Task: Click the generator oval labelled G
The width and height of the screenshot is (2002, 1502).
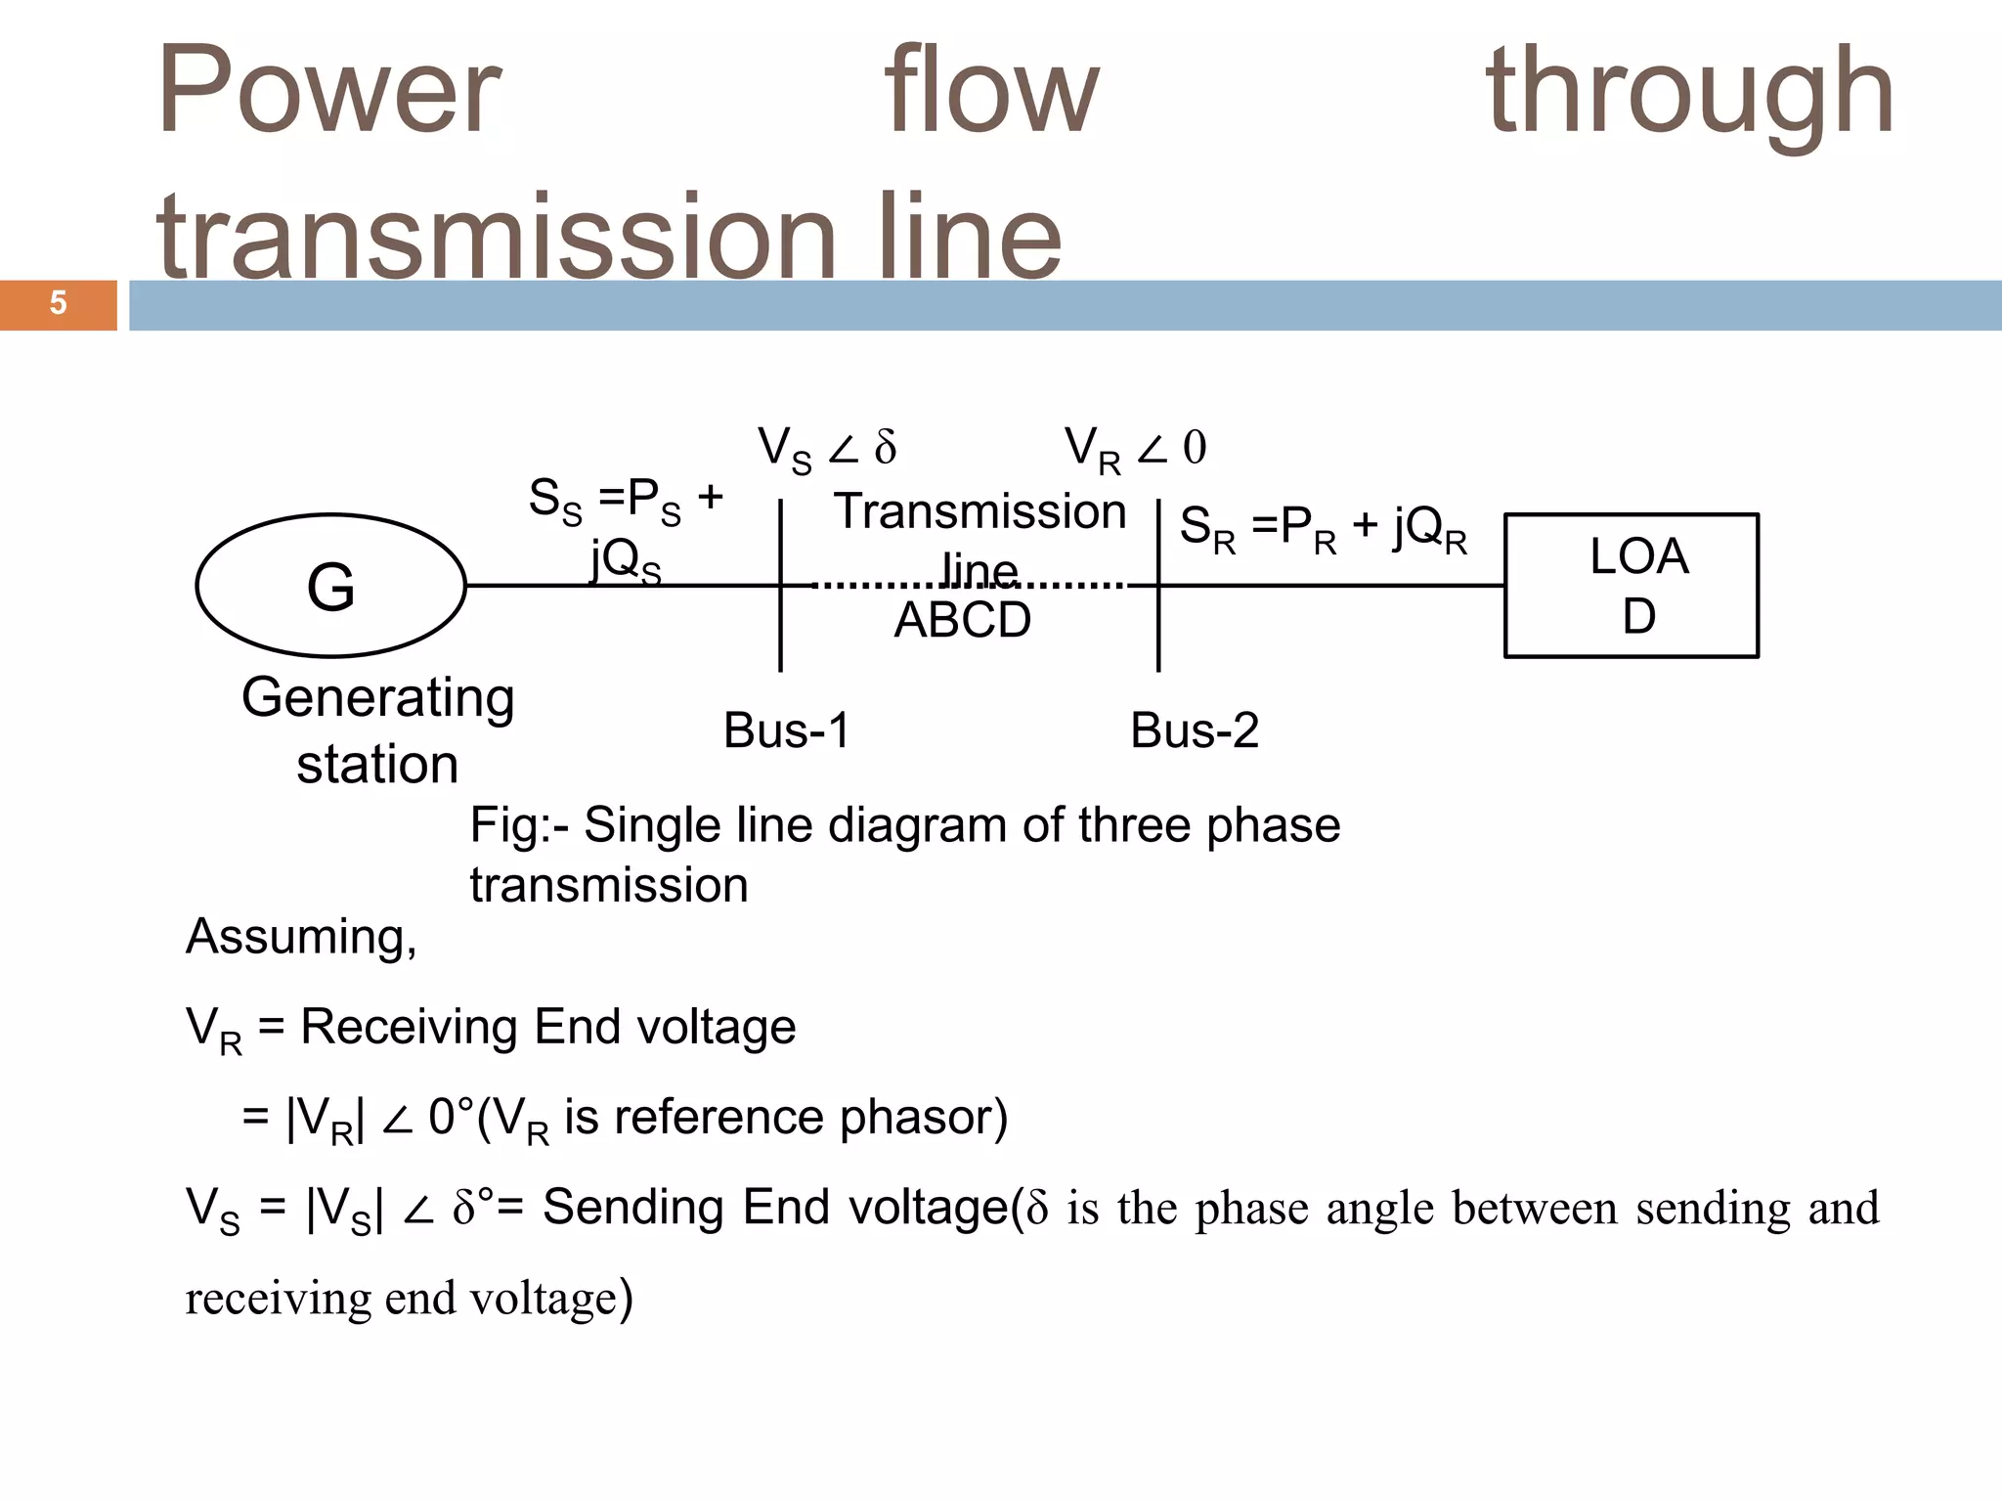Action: click(x=330, y=586)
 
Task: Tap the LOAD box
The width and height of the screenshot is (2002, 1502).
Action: click(x=1631, y=586)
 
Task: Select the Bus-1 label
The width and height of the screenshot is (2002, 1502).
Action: click(x=787, y=730)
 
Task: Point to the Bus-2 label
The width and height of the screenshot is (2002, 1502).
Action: click(x=1194, y=730)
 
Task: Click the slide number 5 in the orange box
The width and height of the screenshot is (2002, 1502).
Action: click(x=58, y=304)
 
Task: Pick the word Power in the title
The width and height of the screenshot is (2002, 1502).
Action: click(x=328, y=91)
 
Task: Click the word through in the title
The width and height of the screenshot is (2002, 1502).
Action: click(x=1689, y=91)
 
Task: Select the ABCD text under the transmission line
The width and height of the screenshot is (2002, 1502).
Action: click(x=963, y=620)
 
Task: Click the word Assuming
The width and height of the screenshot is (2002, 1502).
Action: click(x=301, y=937)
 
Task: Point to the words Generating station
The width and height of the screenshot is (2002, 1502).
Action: click(x=377, y=729)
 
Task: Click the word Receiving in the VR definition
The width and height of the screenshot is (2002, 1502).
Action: click(x=411, y=1027)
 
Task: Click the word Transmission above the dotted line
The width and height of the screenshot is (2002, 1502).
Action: click(x=979, y=512)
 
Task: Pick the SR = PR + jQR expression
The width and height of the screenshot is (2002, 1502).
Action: click(x=1323, y=529)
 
